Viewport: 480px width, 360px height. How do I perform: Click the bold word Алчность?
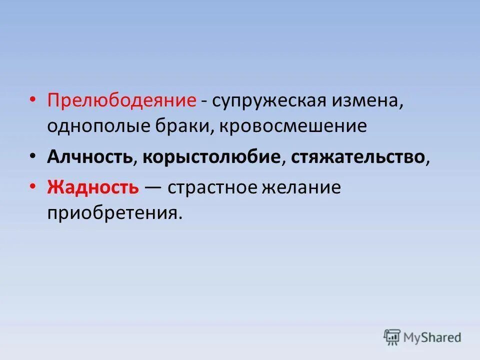90,157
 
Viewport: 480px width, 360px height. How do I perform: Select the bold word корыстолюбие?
211,157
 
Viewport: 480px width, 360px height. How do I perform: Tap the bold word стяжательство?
358,157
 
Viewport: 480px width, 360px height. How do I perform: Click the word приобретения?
112,213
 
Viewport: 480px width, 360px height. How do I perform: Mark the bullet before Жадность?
33,187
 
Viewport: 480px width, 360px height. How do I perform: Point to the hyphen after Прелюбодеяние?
205,101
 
